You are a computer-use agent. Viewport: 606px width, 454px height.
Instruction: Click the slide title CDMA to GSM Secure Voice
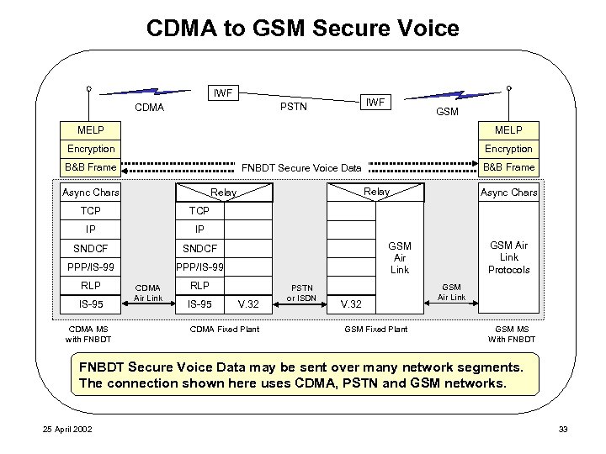click(x=302, y=29)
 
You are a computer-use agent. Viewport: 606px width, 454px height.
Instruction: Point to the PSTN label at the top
click(x=293, y=108)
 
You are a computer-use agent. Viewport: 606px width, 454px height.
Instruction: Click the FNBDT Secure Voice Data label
click(x=301, y=168)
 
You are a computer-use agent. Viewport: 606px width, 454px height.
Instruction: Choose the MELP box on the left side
click(x=92, y=130)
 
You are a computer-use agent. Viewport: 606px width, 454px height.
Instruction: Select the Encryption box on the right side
click(x=508, y=149)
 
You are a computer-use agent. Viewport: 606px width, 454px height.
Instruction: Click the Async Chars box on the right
click(x=508, y=193)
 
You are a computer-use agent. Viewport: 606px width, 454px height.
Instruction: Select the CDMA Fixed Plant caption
click(x=225, y=329)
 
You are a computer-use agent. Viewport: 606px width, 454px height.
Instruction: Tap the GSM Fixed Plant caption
click(x=376, y=329)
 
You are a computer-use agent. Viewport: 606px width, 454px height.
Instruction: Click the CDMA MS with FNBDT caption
click(x=88, y=334)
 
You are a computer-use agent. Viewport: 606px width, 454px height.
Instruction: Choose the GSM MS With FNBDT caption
click(x=511, y=334)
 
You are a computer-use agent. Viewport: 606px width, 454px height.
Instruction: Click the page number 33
click(x=563, y=430)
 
